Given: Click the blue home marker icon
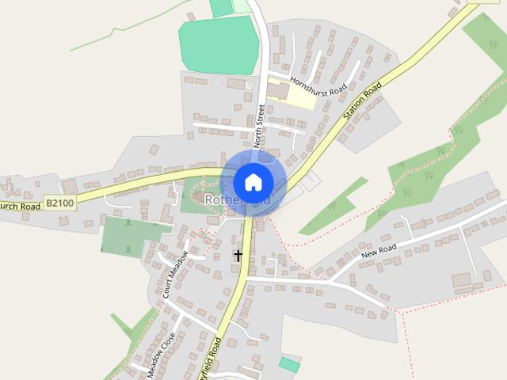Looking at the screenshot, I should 253,181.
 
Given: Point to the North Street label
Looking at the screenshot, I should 259,127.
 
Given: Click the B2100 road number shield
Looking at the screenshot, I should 61,203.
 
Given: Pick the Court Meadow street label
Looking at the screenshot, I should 175,274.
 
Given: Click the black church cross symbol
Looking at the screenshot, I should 238,256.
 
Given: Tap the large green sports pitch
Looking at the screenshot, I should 219,44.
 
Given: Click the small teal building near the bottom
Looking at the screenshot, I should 289,364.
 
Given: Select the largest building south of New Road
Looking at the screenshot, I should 461,280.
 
